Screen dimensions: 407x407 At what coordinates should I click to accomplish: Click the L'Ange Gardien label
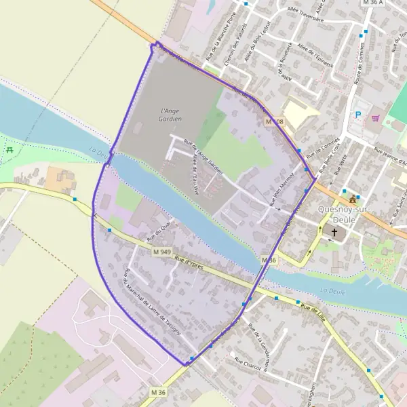click(171, 115)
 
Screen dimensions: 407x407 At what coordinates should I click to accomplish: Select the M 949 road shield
click(160, 250)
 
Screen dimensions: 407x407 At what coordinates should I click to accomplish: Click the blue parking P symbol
click(357, 115)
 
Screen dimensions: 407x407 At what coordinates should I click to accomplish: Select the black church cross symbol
click(334, 232)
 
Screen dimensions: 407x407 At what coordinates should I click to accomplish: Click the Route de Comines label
click(357, 68)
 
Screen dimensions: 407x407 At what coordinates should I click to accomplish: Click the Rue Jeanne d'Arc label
click(391, 157)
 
